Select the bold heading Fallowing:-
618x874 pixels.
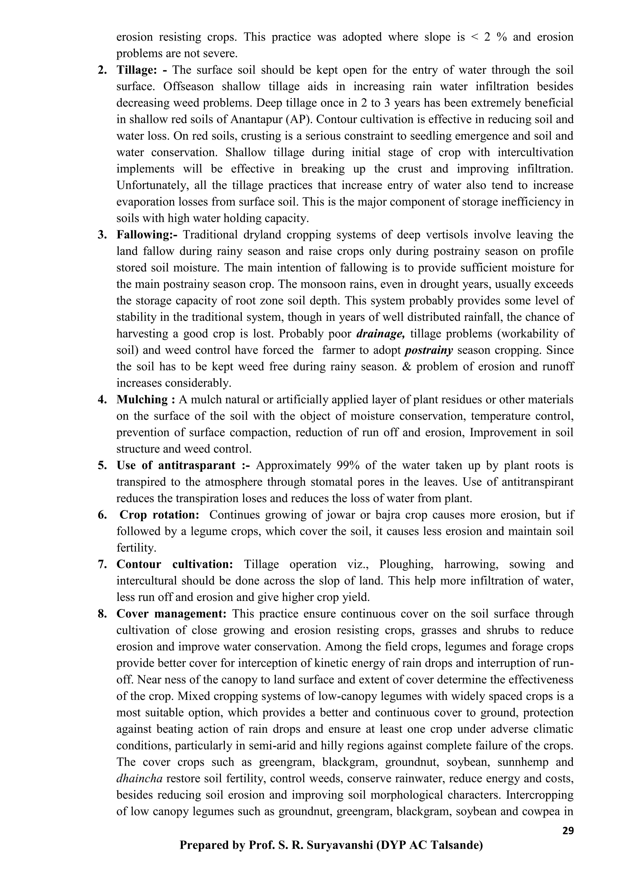click(x=147, y=235)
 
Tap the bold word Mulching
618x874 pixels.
click(x=142, y=400)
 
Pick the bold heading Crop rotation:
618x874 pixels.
click(x=159, y=515)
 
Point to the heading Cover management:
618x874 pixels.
click(x=171, y=614)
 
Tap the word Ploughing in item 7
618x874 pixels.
click(x=406, y=565)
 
